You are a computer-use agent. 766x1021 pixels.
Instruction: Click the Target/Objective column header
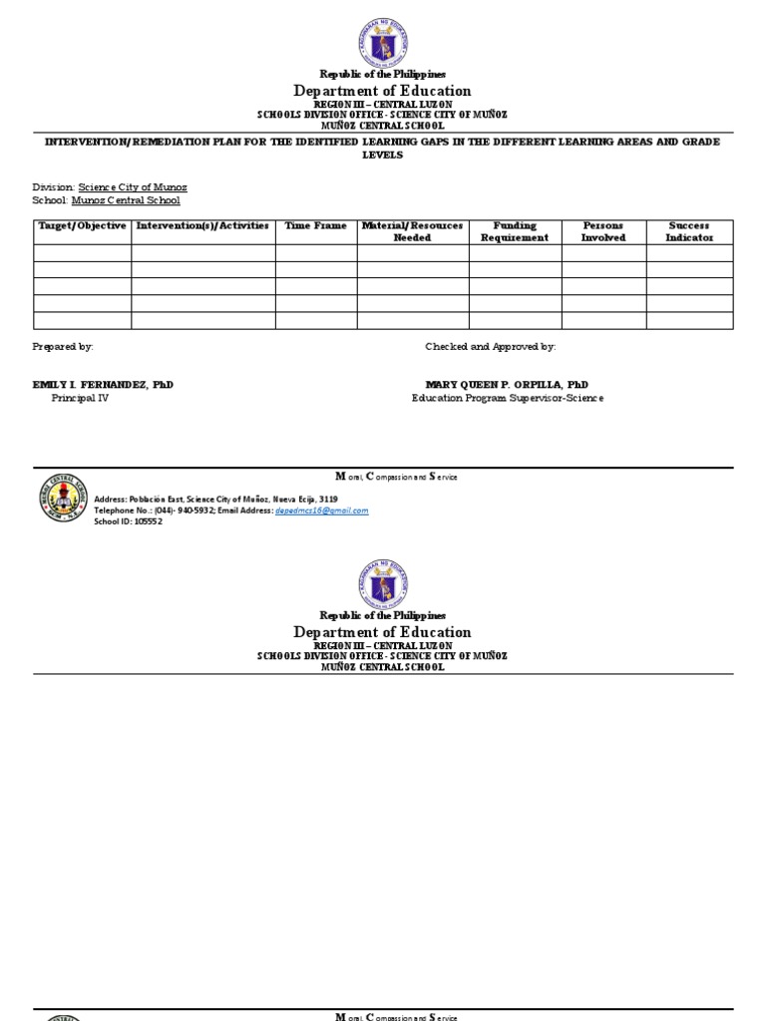[x=82, y=226]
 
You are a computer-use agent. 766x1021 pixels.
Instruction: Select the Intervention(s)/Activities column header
[x=202, y=226]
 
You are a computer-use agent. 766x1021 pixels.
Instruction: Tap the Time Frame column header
[x=316, y=226]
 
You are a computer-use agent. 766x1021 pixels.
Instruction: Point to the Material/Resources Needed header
[x=412, y=232]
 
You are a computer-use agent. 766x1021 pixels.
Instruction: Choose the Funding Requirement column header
[x=515, y=232]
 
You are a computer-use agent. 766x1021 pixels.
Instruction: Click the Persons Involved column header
[x=603, y=232]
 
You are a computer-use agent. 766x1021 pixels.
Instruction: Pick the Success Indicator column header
[x=689, y=232]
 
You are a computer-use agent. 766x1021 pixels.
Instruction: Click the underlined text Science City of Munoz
[x=140, y=187]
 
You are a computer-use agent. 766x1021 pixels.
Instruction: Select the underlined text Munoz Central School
[x=126, y=200]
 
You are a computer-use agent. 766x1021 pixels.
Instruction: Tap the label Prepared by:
[x=63, y=346]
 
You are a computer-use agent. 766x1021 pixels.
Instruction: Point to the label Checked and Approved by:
[x=491, y=346]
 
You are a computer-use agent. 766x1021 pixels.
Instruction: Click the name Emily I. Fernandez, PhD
[x=103, y=385]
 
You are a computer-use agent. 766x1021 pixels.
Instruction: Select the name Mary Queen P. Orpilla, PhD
[x=507, y=385]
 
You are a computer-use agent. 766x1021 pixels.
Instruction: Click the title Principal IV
[x=80, y=398]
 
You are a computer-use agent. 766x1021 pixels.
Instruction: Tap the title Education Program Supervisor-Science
[x=508, y=398]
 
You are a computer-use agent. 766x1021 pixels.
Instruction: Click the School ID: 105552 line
[x=128, y=521]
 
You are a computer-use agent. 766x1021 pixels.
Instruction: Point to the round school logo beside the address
[x=63, y=499]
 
